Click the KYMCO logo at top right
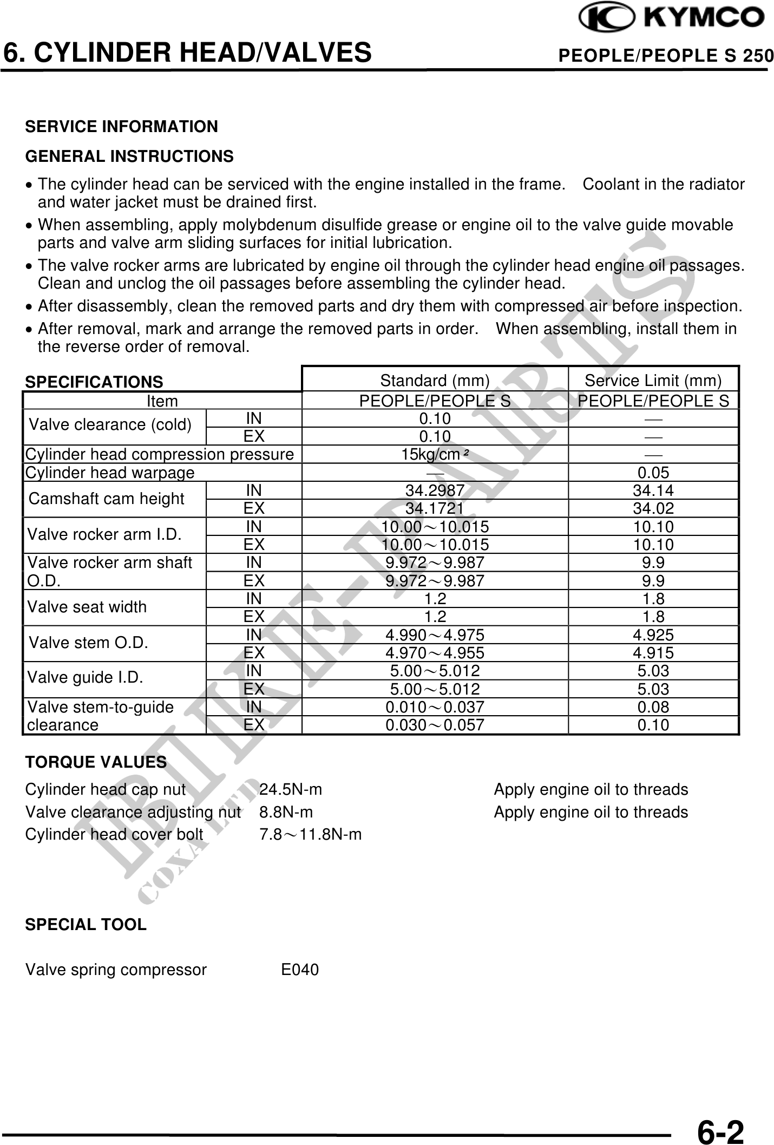click(x=672, y=18)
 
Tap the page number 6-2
click(x=720, y=1116)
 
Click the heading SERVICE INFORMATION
click(x=122, y=127)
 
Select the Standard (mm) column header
click(x=435, y=381)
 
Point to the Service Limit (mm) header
click(x=653, y=381)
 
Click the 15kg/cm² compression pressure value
click(x=435, y=455)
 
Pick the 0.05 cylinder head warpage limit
click(x=653, y=473)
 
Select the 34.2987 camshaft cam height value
click(x=435, y=490)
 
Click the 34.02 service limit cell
click(x=653, y=509)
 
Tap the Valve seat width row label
click(x=87, y=607)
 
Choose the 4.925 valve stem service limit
click(x=653, y=635)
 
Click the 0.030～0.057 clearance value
click(x=435, y=725)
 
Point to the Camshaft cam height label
click(x=107, y=499)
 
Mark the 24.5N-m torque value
click(x=291, y=790)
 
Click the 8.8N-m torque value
click(x=286, y=812)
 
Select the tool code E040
click(x=300, y=970)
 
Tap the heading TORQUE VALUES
click(x=96, y=762)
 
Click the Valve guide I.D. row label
click(x=86, y=677)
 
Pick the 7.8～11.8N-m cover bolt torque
click(x=310, y=835)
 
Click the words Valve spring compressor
click(x=116, y=970)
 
